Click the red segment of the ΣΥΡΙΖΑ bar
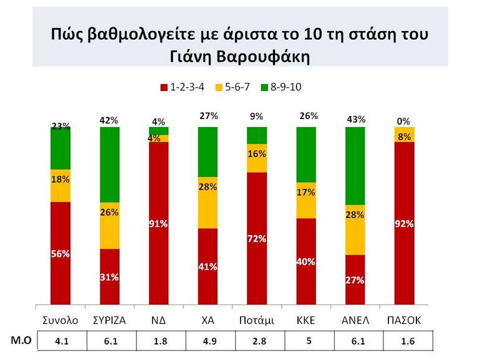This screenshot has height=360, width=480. pyautogui.click(x=110, y=277)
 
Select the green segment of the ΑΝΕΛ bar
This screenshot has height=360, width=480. pyautogui.click(x=355, y=166)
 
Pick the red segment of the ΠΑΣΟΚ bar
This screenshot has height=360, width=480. pyautogui.click(x=405, y=224)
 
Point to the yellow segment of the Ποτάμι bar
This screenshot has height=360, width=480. pyautogui.click(x=257, y=158)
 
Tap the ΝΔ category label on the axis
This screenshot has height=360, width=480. pyautogui.click(x=158, y=320)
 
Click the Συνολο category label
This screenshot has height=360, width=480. pyautogui.click(x=60, y=320)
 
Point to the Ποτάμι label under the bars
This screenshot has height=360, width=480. pyautogui.click(x=257, y=320)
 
